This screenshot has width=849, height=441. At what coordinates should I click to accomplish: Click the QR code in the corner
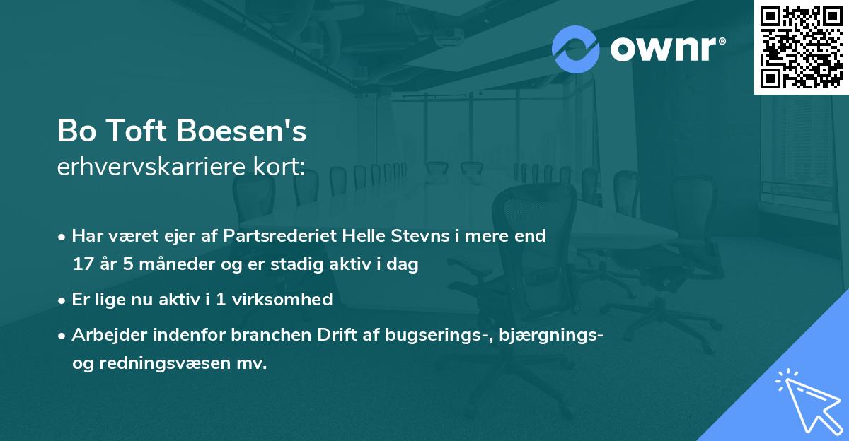[x=801, y=47]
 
